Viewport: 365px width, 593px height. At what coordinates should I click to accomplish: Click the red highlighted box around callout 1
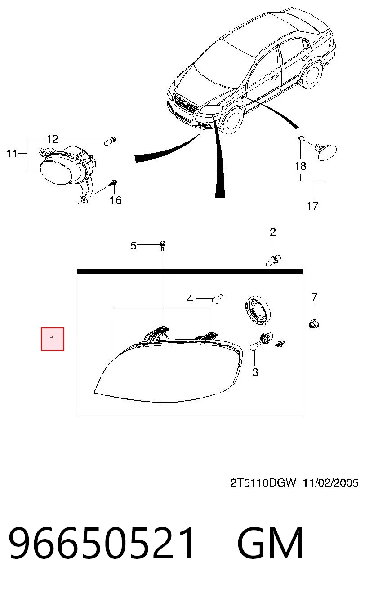point(53,339)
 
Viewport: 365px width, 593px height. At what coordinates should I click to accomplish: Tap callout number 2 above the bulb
point(272,232)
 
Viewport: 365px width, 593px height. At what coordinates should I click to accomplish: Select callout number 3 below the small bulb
point(255,372)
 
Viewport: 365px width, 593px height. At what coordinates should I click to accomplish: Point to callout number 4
point(190,299)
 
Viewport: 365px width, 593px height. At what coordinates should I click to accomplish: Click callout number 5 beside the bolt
point(133,246)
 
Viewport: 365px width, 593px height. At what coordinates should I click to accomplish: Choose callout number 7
point(314,297)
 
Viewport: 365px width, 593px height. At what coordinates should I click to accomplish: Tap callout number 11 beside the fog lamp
point(12,154)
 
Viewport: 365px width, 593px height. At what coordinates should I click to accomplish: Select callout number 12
point(52,139)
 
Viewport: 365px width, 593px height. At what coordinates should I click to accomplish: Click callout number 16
point(116,200)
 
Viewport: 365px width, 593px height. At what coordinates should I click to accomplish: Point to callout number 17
point(312,206)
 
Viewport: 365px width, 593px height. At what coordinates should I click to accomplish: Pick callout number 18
point(300,166)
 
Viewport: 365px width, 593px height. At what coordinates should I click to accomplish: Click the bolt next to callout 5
point(162,246)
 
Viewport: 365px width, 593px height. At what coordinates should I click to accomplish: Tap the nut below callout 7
point(314,323)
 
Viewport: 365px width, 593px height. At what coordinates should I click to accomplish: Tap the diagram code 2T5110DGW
point(263,482)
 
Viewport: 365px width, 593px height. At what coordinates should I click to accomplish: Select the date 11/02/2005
point(330,482)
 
